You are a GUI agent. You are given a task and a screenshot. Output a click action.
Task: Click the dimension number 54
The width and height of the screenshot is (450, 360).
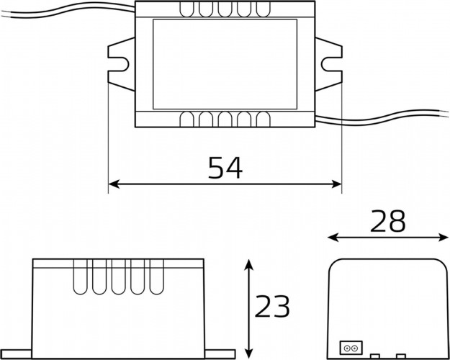point(225,168)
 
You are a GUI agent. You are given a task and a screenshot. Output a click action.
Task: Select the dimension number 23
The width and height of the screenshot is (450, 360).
point(273,307)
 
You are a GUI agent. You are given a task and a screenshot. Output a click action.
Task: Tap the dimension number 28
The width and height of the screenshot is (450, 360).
point(388,222)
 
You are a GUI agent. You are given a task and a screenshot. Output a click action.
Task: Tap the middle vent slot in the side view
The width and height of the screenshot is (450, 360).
point(117,277)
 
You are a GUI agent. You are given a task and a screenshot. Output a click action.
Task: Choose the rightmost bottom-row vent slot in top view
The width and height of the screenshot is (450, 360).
point(259,120)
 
